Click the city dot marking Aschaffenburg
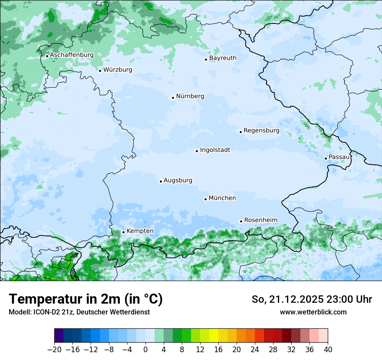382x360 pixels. coord(47,56)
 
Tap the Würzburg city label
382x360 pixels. coord(118,70)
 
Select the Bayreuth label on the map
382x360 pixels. coord(223,58)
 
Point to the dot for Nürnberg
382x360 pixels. coord(173,98)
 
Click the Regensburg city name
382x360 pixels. coord(261,131)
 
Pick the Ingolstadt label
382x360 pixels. coord(215,150)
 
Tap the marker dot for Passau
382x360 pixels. coord(326,158)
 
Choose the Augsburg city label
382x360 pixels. coord(178,180)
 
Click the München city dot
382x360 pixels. coord(205,199)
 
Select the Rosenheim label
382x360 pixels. coord(260,220)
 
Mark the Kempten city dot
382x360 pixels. coord(123,232)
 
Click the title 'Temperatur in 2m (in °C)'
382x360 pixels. coord(86,299)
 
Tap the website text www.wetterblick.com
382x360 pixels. coord(313,312)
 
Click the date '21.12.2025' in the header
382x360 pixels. coord(293,299)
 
